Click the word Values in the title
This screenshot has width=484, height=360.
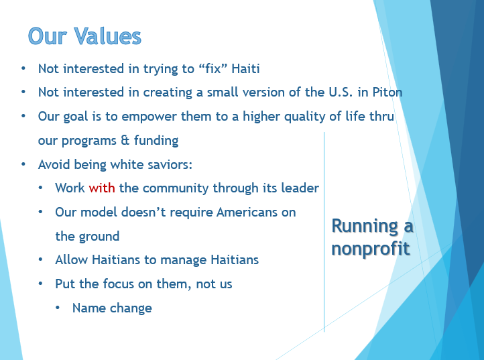107,36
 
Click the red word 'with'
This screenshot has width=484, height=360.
102,188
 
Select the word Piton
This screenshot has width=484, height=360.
387,92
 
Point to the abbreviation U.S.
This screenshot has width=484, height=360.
341,92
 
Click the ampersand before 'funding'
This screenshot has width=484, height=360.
125,141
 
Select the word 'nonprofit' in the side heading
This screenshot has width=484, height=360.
371,249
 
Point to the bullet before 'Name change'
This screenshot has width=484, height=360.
58,308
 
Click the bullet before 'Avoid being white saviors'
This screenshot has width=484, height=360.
23,164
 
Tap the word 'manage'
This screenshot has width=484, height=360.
184,260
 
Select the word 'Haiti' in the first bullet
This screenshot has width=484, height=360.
246,68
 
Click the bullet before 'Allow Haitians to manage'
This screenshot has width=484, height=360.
40,259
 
